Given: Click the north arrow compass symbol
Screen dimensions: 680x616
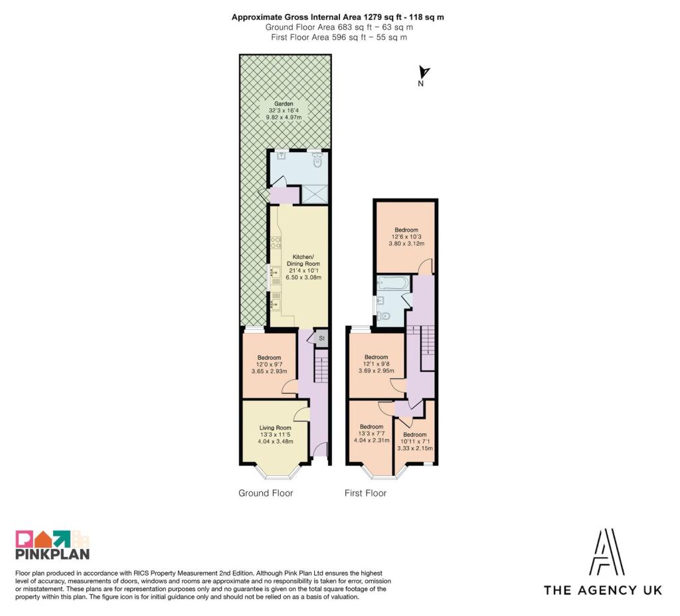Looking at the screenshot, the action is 424,72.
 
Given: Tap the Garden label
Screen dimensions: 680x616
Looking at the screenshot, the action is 283,104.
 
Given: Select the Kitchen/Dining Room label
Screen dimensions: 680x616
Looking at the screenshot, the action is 303,260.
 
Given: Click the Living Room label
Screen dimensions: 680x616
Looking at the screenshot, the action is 275,428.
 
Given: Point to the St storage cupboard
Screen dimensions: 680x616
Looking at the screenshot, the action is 321,338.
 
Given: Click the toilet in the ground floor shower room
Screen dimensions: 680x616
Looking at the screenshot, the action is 317,161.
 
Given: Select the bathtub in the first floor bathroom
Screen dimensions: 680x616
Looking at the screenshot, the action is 392,283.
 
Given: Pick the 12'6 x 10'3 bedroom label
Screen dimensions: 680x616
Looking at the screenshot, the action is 406,237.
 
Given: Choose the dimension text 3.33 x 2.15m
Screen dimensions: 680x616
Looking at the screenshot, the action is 414,448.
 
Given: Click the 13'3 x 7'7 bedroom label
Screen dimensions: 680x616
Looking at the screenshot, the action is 371,433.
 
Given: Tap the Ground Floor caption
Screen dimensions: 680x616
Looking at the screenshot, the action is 266,493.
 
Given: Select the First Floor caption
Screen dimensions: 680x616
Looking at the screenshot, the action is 365,493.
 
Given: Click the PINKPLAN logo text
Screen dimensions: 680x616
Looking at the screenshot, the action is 52,554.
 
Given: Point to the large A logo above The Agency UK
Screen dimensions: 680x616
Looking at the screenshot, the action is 607,552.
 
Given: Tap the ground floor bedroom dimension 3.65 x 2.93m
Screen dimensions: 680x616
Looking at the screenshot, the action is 269,371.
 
